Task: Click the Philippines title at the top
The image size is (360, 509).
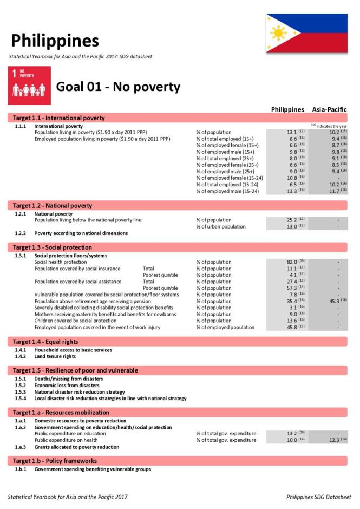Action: [x=55, y=41]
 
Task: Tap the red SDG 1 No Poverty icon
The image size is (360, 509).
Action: [x=29, y=86]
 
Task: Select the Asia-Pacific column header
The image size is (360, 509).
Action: [x=329, y=109]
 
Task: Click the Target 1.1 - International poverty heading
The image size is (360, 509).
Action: [x=59, y=118]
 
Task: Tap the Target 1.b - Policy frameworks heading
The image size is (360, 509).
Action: [x=55, y=461]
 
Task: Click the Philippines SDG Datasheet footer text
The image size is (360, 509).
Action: [x=318, y=497]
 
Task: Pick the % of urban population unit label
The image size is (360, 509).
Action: [x=221, y=226]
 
